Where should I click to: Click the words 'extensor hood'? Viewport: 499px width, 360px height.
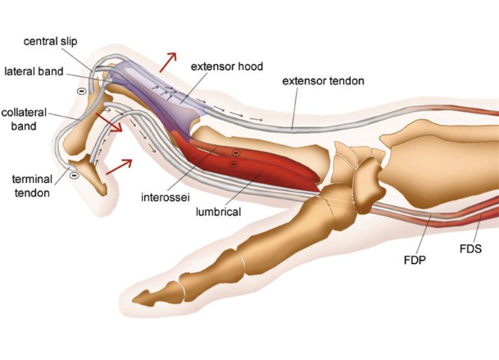226,66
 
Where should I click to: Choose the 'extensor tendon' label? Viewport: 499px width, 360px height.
323,81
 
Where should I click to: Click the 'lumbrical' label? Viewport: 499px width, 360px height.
218,211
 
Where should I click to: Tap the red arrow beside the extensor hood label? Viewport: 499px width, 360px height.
168,62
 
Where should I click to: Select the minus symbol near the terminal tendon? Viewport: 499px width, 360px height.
74,174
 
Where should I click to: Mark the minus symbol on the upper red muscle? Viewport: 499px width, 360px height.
235,153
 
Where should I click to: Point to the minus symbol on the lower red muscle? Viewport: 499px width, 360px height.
234,165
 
